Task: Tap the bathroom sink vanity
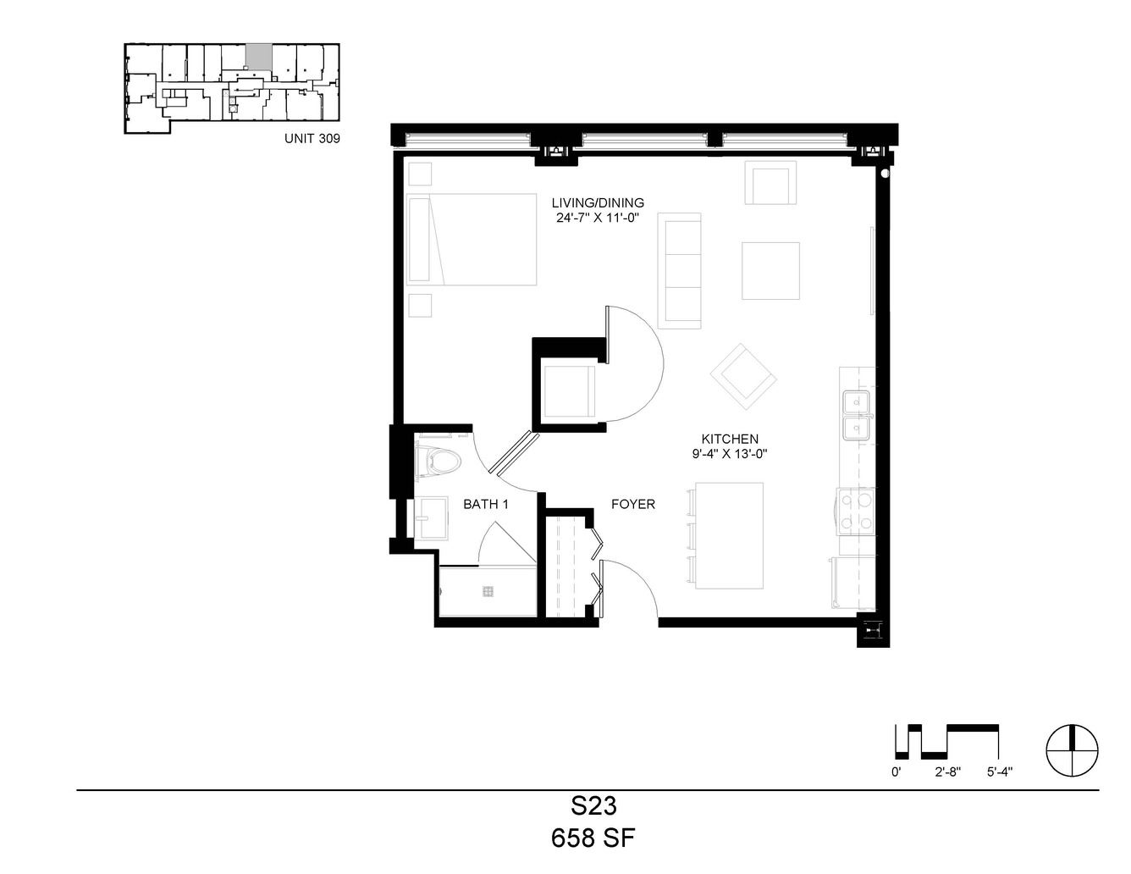click(x=430, y=518)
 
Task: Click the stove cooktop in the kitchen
click(x=856, y=512)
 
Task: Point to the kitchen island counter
click(x=729, y=535)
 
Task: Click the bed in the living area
click(x=472, y=240)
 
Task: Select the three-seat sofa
click(x=679, y=271)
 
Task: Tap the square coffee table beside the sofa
click(x=770, y=271)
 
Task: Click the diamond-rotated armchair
click(x=743, y=377)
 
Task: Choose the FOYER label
click(x=633, y=504)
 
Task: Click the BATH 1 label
click(x=486, y=504)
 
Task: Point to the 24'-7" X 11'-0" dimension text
click(x=598, y=218)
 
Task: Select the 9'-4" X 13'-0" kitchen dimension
click(x=730, y=454)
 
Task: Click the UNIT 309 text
click(x=312, y=138)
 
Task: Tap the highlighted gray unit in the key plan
click(x=259, y=56)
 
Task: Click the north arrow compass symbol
click(x=1073, y=750)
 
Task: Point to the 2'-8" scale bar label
click(x=947, y=772)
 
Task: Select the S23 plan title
click(x=593, y=806)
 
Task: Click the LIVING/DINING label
click(x=598, y=202)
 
